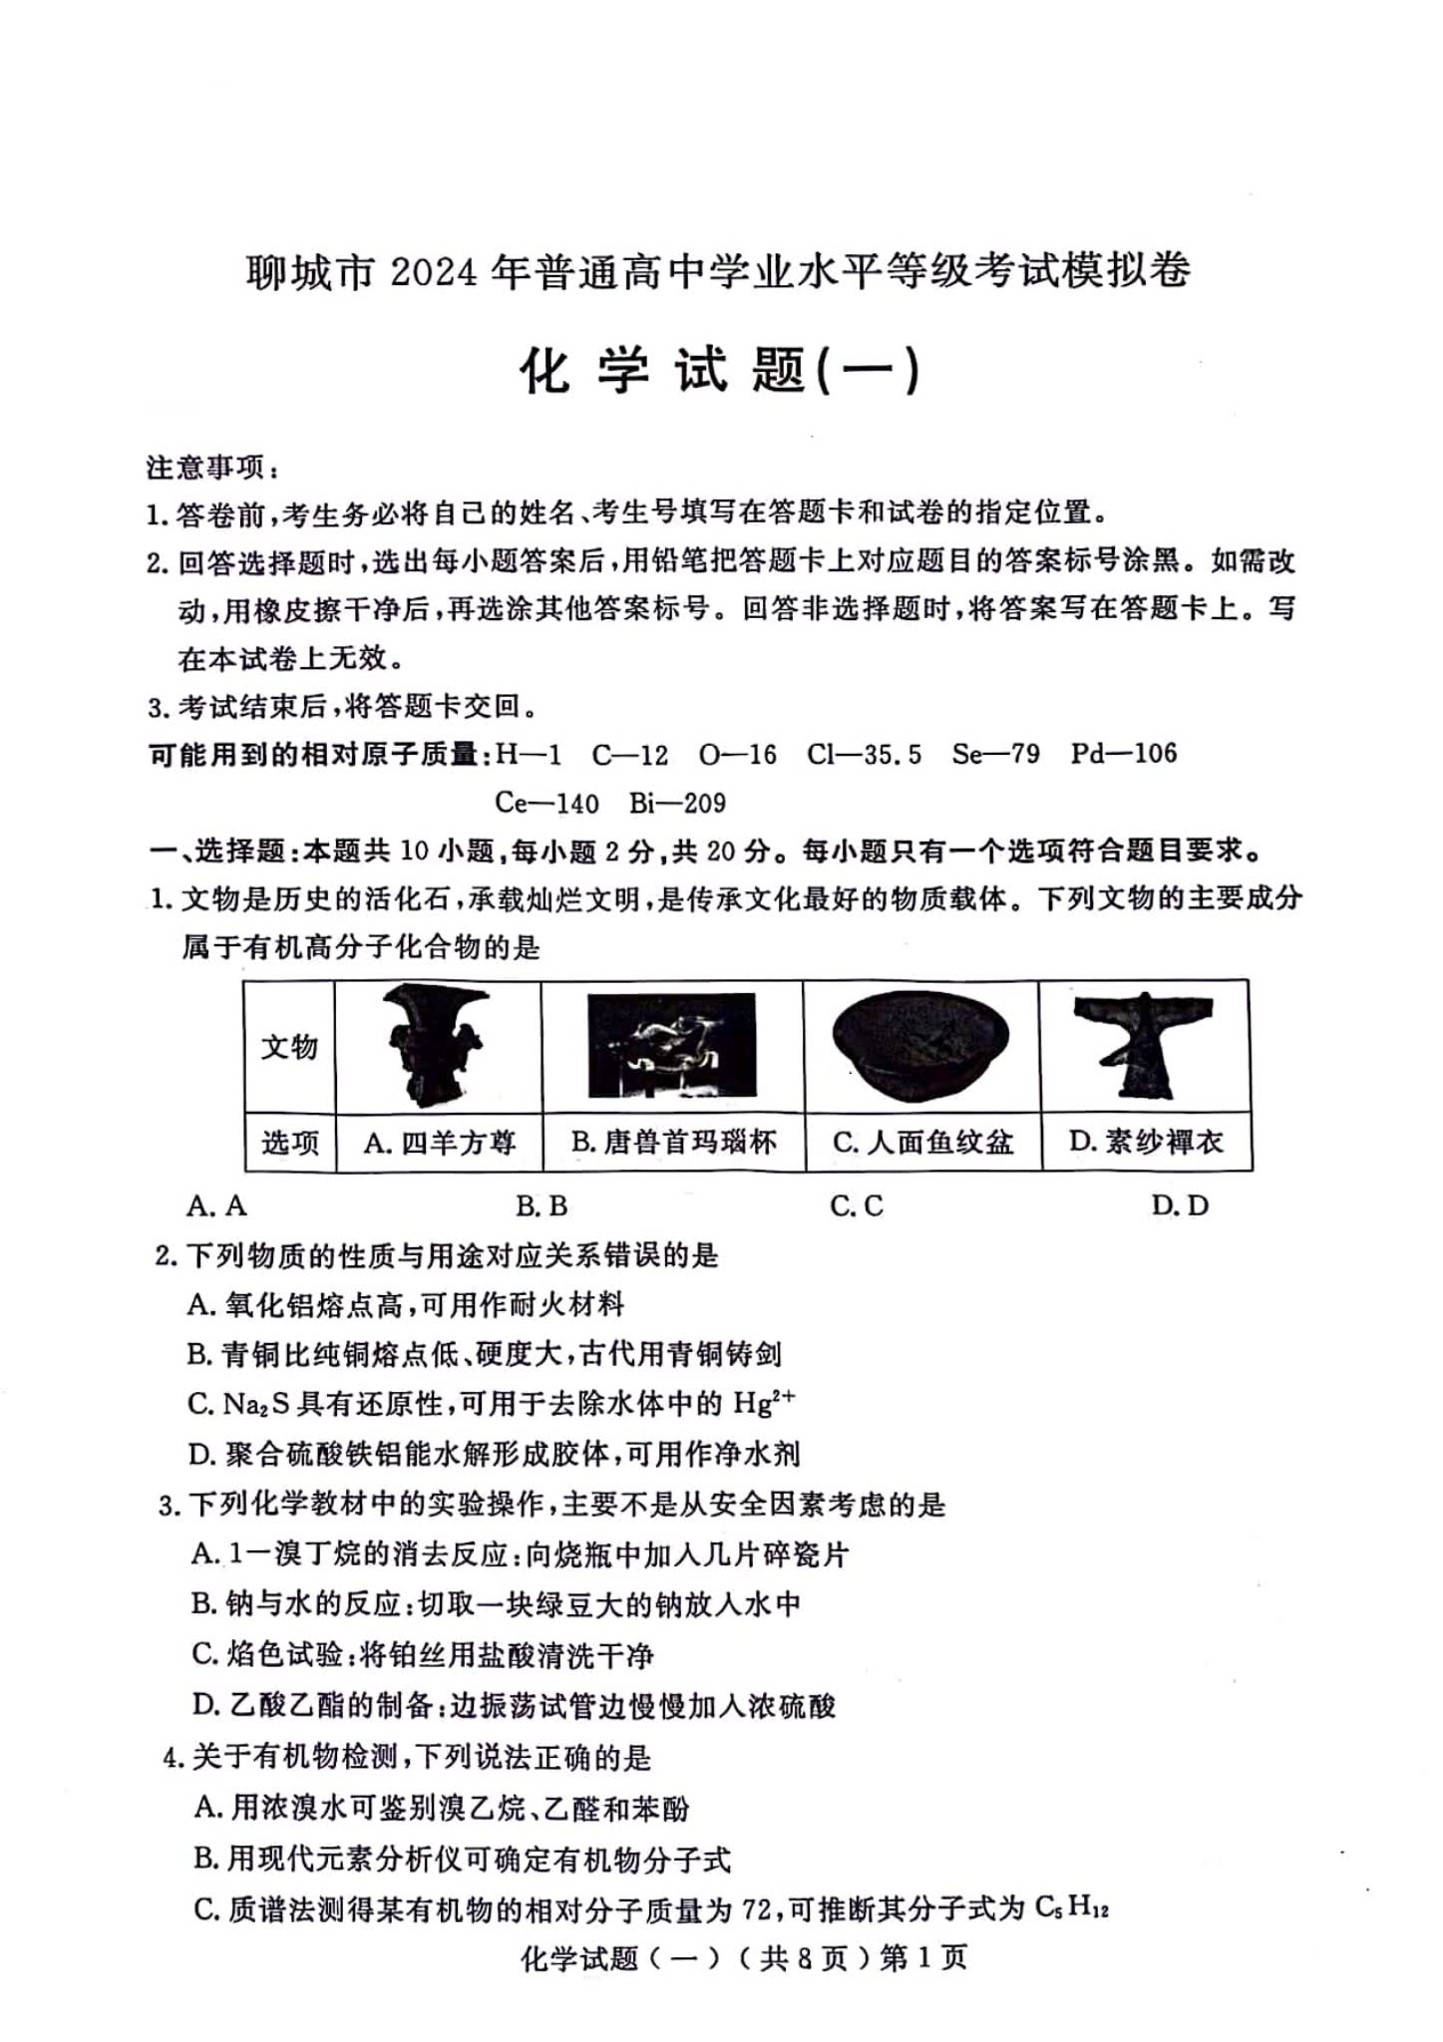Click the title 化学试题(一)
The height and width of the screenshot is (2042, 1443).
(x=720, y=371)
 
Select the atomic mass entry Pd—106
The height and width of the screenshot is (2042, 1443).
(x=1124, y=753)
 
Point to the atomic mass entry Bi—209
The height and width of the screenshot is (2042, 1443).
(x=677, y=803)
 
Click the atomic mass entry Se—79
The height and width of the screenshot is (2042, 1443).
(x=995, y=754)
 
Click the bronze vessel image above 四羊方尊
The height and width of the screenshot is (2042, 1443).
(x=437, y=1044)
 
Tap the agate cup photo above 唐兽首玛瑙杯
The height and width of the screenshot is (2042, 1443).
(x=671, y=1046)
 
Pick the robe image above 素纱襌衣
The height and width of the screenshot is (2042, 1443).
(x=1144, y=1045)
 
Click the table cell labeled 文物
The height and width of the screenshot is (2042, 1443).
(x=289, y=1047)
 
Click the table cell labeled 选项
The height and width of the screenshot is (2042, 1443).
(x=289, y=1142)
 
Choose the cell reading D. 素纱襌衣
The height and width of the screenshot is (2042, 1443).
(x=1146, y=1142)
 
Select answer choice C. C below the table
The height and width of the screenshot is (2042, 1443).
(x=857, y=1206)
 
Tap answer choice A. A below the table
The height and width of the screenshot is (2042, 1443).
(x=216, y=1206)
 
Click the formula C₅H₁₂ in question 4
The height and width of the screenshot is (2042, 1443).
(x=1071, y=1908)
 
